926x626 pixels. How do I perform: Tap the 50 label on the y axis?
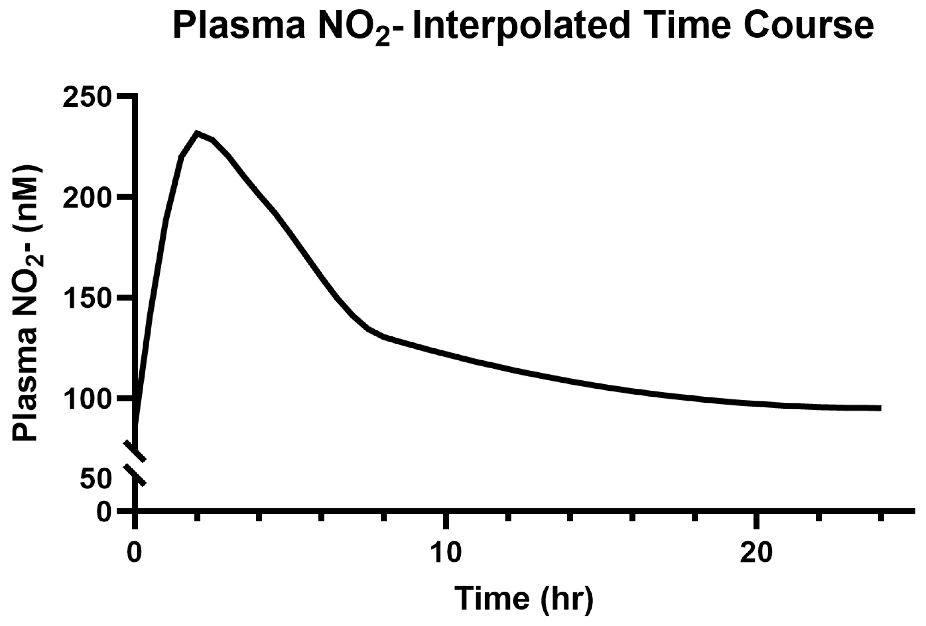pos(94,479)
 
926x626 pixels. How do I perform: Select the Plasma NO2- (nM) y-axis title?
pos(26,303)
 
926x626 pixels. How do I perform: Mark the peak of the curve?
pos(196,133)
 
